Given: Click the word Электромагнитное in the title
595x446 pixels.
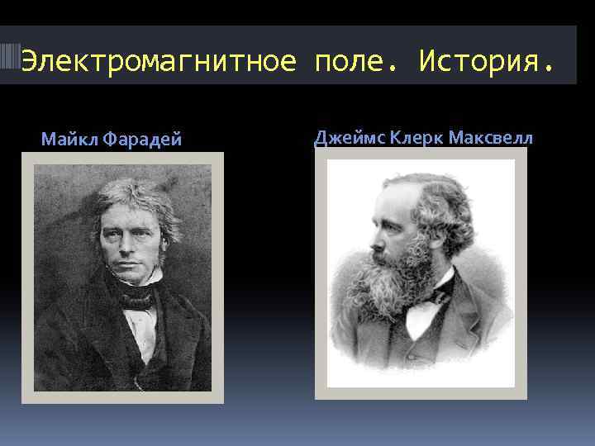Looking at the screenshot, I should [157, 60].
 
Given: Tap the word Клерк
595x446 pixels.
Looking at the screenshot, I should [418, 137].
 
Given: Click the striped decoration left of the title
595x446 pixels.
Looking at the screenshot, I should [10, 55].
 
